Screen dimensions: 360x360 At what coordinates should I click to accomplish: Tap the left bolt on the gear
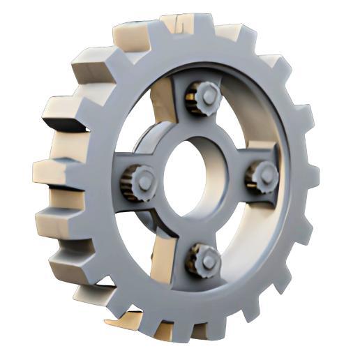point(140,181)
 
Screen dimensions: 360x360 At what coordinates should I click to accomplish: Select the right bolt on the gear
point(264,176)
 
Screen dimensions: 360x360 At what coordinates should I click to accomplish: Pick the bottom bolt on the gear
point(203,260)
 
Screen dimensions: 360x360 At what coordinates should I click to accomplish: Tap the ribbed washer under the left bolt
point(130,183)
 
